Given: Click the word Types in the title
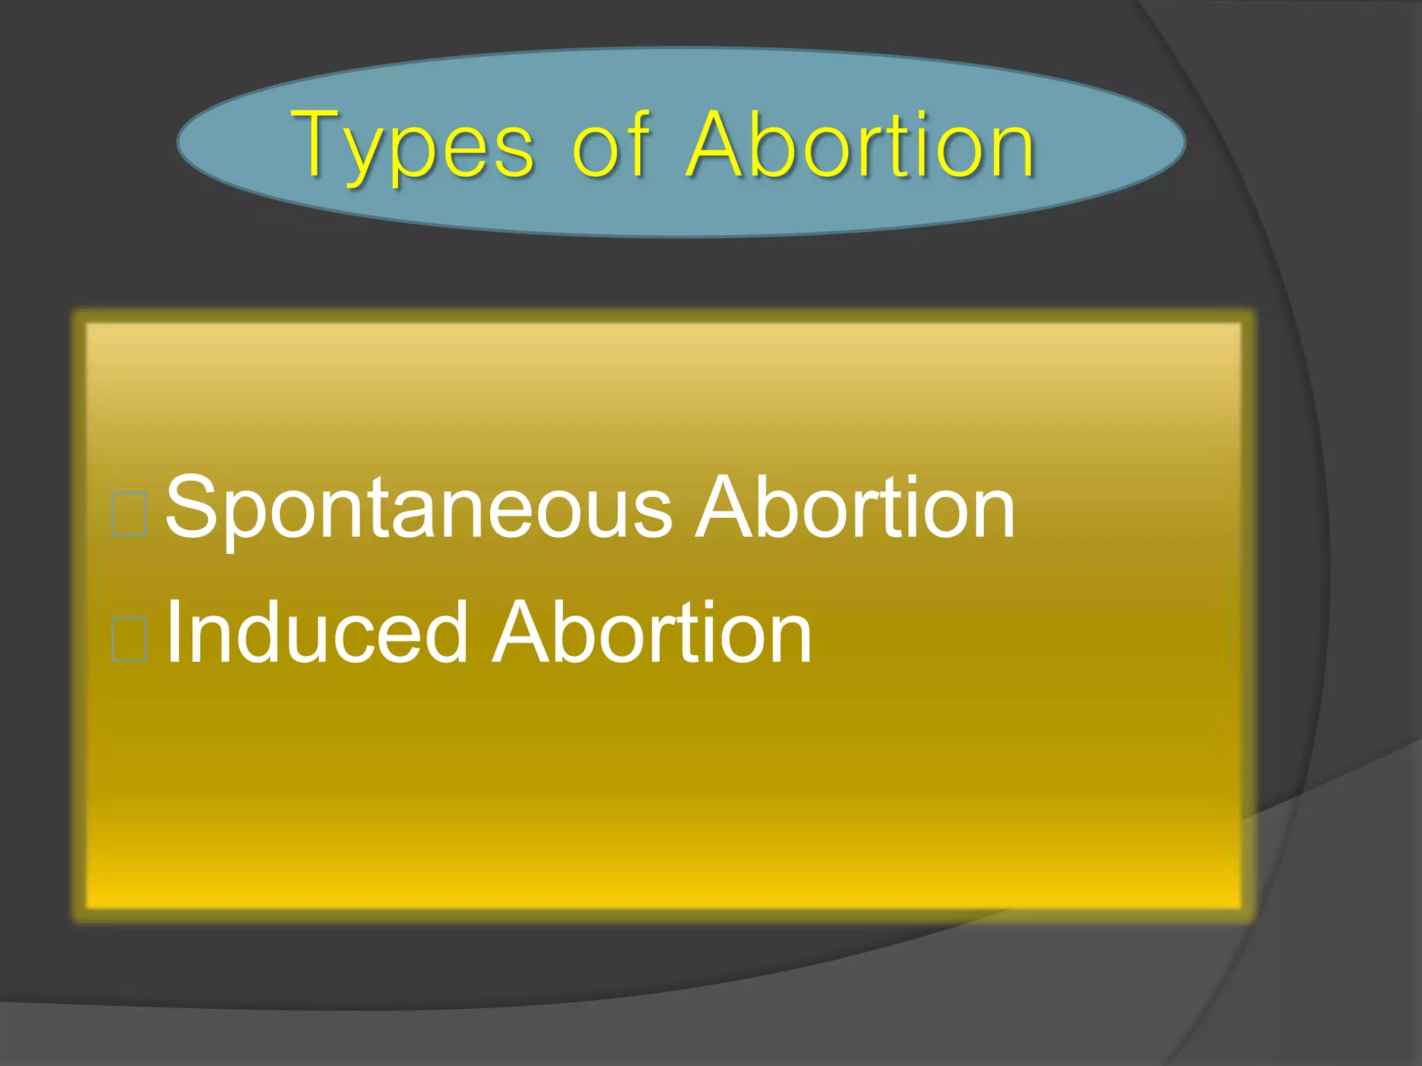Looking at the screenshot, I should tap(414, 146).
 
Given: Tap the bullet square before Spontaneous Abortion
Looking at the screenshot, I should tap(129, 514).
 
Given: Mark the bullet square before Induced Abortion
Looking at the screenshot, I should tap(129, 638).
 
